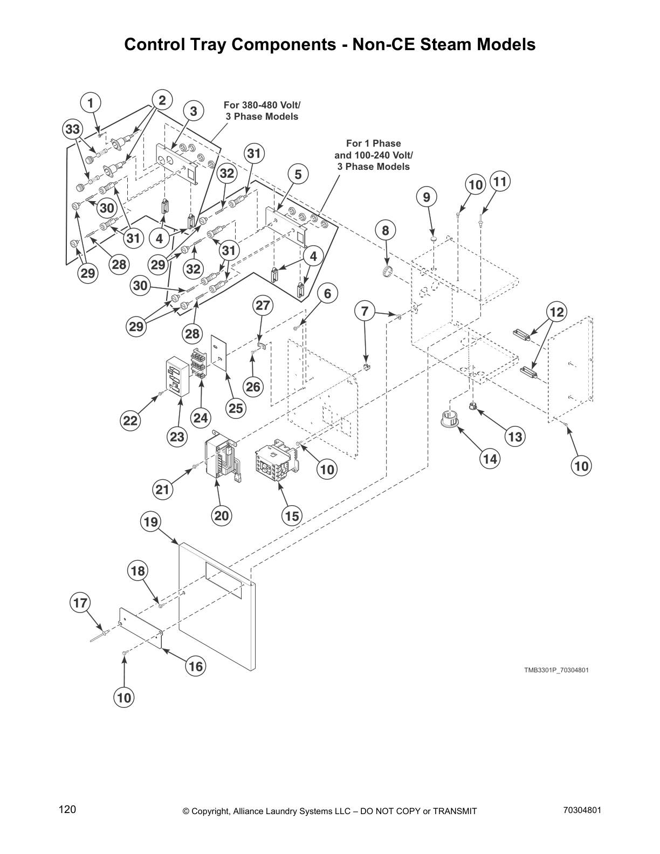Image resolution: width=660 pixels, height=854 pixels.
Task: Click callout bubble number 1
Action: pyautogui.click(x=90, y=102)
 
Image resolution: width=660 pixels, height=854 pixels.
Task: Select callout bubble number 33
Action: pyautogui.click(x=72, y=129)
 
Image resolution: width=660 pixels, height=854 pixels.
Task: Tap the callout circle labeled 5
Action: pyautogui.click(x=298, y=174)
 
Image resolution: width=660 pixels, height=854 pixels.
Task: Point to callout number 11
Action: pyautogui.click(x=500, y=181)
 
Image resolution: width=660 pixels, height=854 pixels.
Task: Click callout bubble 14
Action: pyautogui.click(x=490, y=459)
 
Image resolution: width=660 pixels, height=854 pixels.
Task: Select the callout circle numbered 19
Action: pyautogui.click(x=151, y=522)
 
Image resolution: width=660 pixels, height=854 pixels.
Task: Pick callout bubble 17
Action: pyautogui.click(x=80, y=603)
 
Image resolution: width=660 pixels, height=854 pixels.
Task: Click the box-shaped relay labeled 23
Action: pyautogui.click(x=177, y=377)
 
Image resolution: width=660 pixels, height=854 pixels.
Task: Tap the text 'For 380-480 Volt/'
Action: pyautogui.click(x=262, y=105)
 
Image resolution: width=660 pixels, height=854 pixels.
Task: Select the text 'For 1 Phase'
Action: pyautogui.click(x=373, y=143)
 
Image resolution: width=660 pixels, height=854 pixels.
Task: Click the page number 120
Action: pyautogui.click(x=67, y=810)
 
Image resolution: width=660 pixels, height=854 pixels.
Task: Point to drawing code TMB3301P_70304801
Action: pyautogui.click(x=556, y=670)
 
